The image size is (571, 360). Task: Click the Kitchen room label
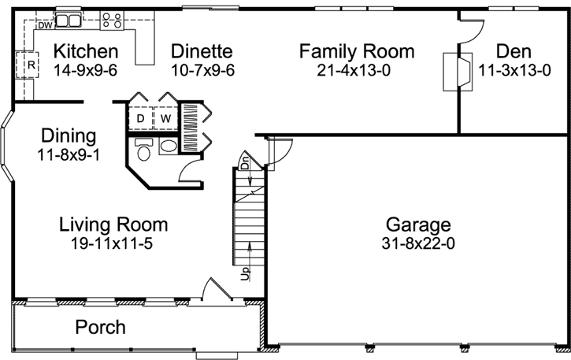coord(86,51)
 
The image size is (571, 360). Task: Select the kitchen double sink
coord(69,20)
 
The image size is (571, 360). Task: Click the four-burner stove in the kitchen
coord(112,20)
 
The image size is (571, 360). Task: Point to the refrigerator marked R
coord(28,65)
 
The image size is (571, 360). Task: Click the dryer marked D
coord(140,118)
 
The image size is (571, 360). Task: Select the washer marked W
coord(165,118)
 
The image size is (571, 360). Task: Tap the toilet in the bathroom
coord(144,150)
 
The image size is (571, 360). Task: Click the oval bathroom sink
coord(169,147)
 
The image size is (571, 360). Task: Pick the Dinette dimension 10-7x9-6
coord(202,70)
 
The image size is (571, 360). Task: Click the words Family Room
coord(357,51)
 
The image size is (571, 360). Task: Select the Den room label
coord(514,51)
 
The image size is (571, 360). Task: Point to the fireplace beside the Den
coord(458,72)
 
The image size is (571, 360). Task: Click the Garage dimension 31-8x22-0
coord(418,243)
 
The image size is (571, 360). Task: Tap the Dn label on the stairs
coord(245,162)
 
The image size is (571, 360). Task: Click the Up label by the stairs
coord(246,273)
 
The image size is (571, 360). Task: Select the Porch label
coord(101,327)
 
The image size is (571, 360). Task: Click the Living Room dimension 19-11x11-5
coord(111,243)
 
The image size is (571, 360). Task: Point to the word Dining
coord(69,136)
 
